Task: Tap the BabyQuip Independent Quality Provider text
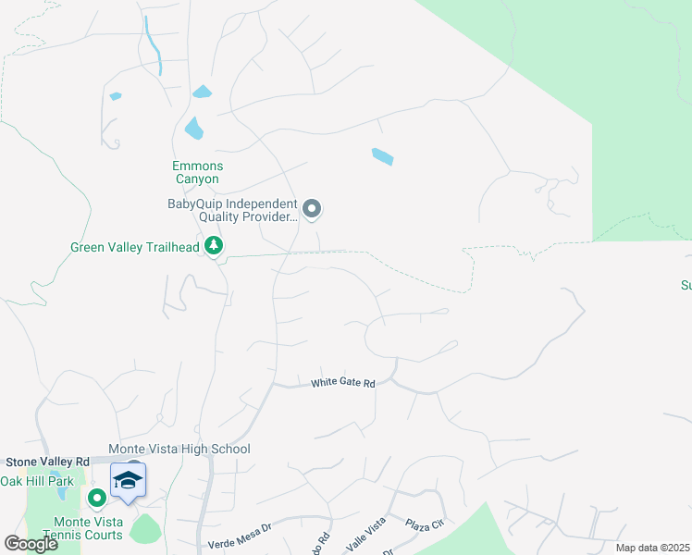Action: [232, 211]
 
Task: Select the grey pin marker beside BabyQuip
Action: [312, 209]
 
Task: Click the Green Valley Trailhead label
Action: [135, 247]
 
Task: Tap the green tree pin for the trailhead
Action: [215, 246]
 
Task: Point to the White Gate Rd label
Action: [343, 382]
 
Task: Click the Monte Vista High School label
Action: [179, 450]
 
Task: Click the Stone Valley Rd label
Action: [47, 461]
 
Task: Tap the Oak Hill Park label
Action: [36, 481]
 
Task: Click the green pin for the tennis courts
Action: [96, 499]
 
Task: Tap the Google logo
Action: [31, 544]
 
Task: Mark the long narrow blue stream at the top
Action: [154, 45]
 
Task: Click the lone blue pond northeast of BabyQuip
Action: [382, 156]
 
